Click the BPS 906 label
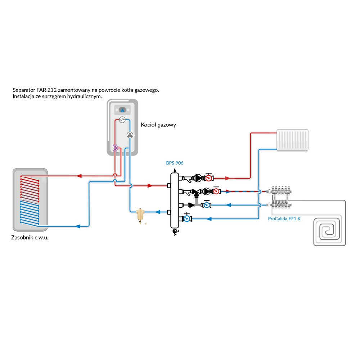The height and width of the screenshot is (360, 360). click(175, 163)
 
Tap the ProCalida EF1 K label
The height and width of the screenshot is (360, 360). click(284, 219)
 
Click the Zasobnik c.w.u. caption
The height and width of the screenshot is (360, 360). click(30, 238)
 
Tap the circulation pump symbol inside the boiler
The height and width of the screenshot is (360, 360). click(130, 135)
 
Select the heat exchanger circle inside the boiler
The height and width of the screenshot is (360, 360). click(122, 120)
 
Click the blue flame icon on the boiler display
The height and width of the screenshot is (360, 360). click(122, 110)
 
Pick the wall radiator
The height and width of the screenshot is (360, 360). click(292, 140)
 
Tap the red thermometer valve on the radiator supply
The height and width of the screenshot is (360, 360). click(208, 177)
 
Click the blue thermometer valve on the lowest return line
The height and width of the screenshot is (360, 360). click(187, 218)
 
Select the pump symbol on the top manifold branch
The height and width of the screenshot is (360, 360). click(198, 177)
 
